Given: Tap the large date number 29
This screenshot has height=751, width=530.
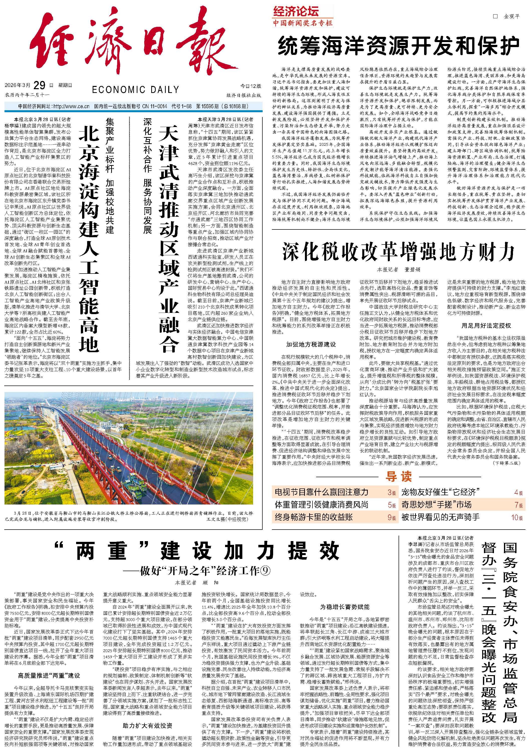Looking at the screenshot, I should click(x=39, y=85).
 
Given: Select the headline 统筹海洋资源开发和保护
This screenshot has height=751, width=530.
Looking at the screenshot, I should click(x=399, y=46).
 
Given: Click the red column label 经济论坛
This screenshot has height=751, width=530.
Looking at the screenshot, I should click(x=296, y=13).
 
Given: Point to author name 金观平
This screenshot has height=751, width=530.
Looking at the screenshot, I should click(x=511, y=16).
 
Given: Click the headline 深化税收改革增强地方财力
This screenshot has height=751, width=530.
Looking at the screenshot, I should click(x=399, y=252).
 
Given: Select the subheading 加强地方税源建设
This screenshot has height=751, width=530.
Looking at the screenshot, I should click(x=311, y=344).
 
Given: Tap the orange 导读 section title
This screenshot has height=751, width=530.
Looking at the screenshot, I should click(x=398, y=476).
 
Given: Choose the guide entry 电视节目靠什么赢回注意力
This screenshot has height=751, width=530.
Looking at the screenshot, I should click(x=321, y=492).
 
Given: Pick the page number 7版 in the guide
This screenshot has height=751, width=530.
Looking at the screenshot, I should click(x=518, y=505).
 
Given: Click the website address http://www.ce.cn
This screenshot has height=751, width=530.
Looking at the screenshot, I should click(x=71, y=107).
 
